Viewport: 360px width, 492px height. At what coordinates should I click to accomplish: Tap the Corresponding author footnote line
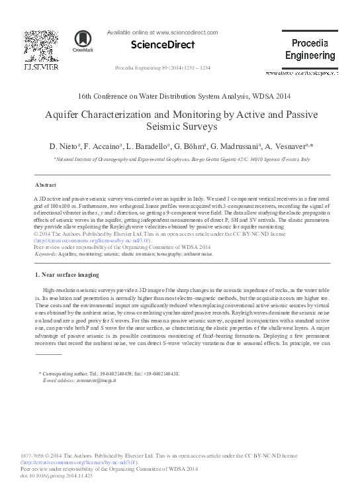tap(109, 375)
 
